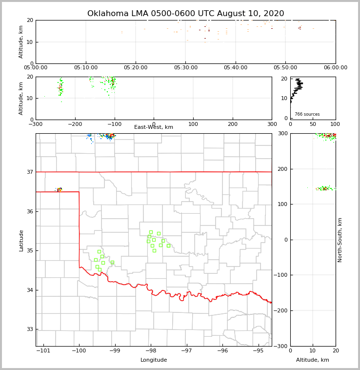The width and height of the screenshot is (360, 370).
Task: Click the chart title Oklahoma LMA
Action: tap(185, 14)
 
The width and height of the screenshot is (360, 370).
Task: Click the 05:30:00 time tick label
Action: tap(185, 68)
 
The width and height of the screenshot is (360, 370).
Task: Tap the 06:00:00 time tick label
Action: tap(335, 68)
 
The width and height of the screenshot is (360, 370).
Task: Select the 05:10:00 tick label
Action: tap(86, 68)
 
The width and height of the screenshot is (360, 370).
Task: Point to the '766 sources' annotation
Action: tap(307, 114)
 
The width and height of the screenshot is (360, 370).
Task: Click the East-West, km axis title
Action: tap(154, 127)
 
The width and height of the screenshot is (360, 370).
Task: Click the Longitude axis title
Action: tap(154, 360)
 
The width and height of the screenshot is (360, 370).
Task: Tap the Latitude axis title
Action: tap(21, 240)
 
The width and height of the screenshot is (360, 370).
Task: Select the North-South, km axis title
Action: tap(340, 240)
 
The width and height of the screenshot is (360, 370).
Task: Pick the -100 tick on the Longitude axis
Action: tap(79, 351)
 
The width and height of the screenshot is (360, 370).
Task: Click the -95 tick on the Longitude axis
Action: tap(258, 351)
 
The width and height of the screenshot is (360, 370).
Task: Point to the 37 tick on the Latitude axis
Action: tap(29, 172)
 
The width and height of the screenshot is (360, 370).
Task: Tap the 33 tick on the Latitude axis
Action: tap(29, 329)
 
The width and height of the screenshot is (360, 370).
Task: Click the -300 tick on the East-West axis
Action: tap(36, 124)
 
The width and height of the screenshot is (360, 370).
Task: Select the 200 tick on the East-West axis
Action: tap(233, 124)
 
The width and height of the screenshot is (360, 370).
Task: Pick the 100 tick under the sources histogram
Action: tap(335, 124)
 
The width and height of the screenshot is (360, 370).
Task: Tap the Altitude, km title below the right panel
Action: tap(313, 360)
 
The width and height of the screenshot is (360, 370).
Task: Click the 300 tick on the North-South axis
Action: tap(282, 133)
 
